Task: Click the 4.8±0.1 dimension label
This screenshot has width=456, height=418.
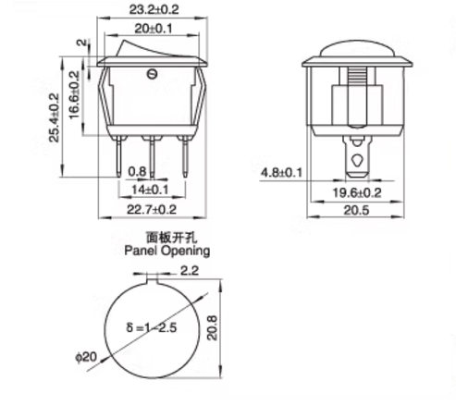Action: (x=280, y=173)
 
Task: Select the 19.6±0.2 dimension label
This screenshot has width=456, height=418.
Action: (x=356, y=193)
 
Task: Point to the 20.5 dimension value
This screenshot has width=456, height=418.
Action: (x=356, y=211)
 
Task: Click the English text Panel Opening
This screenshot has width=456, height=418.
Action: (x=166, y=251)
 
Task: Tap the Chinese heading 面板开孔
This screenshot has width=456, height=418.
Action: (x=166, y=239)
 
